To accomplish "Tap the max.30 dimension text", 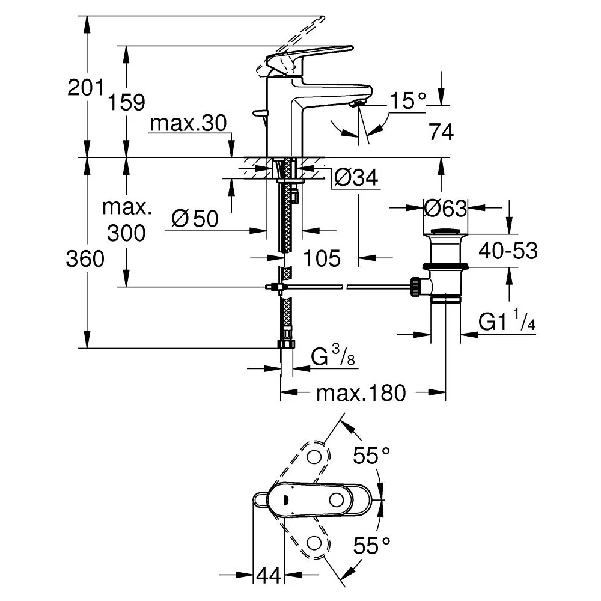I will click(x=188, y=124).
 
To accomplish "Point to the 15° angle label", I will click(x=407, y=100).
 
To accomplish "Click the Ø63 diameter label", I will click(x=445, y=209).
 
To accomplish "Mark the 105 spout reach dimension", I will click(x=322, y=258).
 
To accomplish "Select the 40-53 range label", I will click(x=508, y=251).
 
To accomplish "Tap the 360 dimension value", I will click(x=85, y=260).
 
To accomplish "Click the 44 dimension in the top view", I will click(x=269, y=576).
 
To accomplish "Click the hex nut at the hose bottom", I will click(x=286, y=344).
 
